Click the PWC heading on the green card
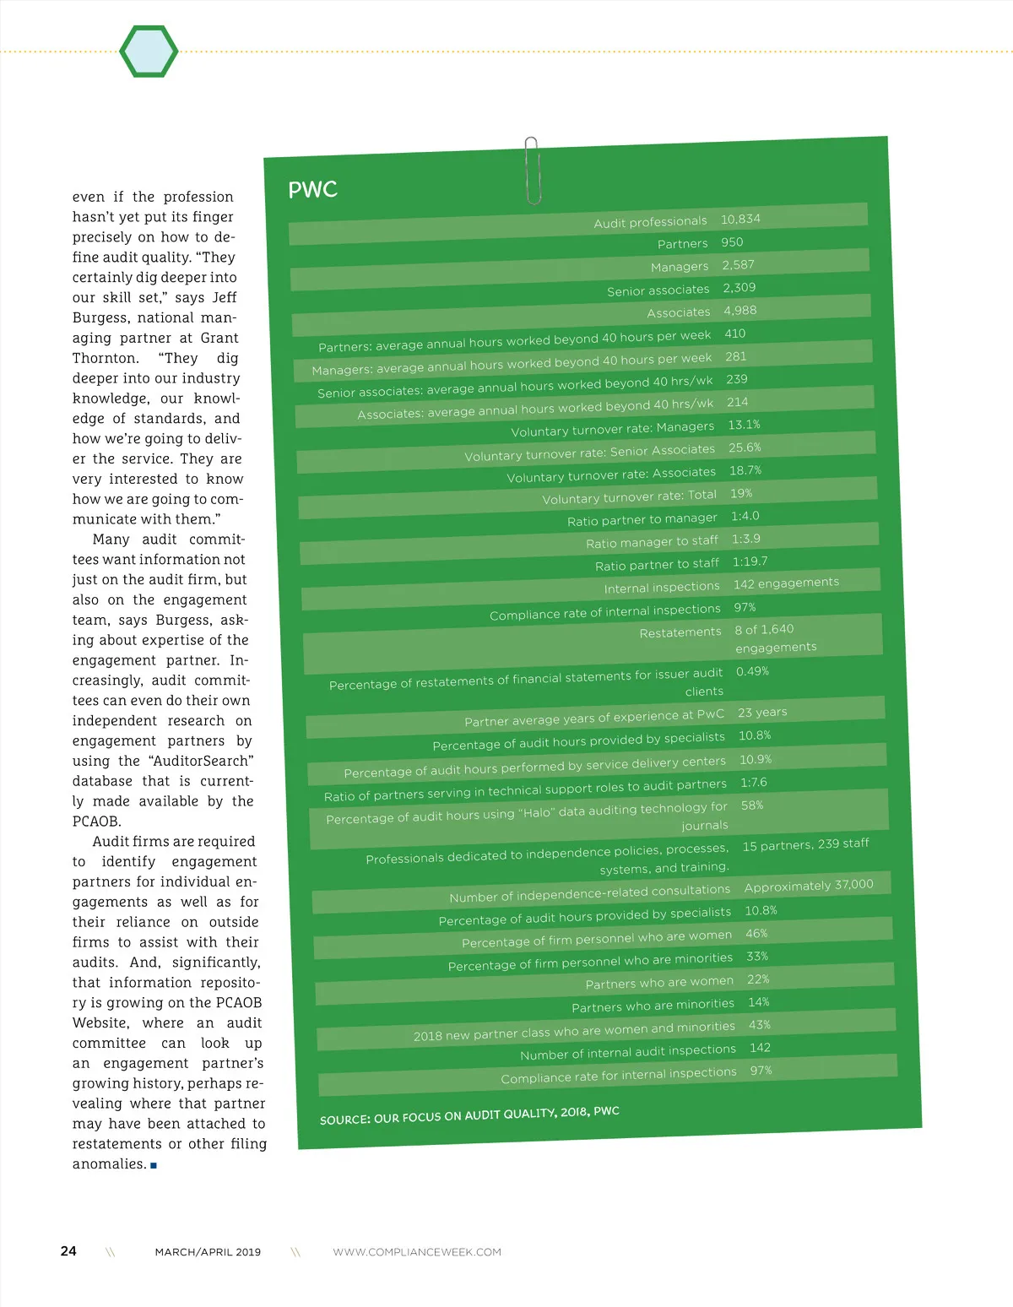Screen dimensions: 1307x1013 tap(312, 190)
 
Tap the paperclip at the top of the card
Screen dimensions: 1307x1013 tap(532, 170)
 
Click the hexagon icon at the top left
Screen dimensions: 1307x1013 tap(149, 52)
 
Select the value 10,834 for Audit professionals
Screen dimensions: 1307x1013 tap(740, 220)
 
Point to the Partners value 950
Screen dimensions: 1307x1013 tap(732, 242)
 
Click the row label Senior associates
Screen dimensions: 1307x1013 tap(658, 290)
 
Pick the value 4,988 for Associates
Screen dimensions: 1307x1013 tap(739, 311)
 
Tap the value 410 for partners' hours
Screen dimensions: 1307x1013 tap(734, 334)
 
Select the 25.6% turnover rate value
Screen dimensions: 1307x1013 tap(745, 447)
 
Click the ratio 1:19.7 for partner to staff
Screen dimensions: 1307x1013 tap(750, 561)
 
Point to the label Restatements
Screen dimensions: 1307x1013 tap(680, 632)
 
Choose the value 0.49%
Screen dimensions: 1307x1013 tap(752, 671)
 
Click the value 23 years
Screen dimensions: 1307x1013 tap(762, 713)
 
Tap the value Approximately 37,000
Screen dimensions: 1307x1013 tap(809, 885)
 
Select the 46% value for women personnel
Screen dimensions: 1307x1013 tap(756, 934)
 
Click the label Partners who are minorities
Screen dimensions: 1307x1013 tap(653, 1006)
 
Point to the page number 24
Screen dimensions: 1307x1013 tap(68, 1251)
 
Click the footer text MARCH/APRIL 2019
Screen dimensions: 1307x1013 tap(208, 1252)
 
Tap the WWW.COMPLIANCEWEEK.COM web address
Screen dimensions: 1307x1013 tap(417, 1252)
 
